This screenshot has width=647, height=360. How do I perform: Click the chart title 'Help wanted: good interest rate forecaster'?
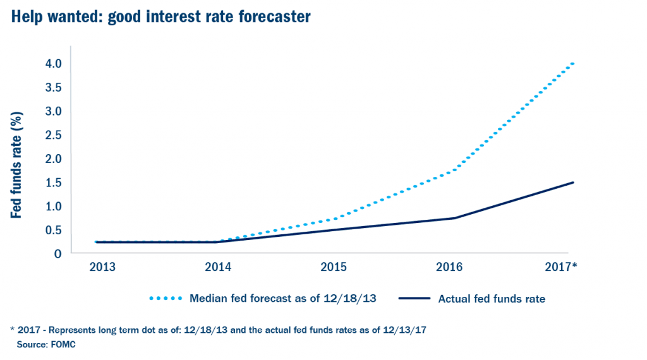coord(160,17)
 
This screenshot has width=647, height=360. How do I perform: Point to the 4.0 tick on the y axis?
coord(52,64)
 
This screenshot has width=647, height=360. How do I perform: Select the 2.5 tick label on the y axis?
coord(52,135)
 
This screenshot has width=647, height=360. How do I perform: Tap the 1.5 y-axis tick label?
coord(52,183)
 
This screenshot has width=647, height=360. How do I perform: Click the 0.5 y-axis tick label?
coord(52,230)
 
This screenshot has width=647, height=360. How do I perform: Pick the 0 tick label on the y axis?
coord(57,254)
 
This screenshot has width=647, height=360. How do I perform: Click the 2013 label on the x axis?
coord(102,267)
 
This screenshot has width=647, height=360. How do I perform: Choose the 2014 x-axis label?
coord(218,267)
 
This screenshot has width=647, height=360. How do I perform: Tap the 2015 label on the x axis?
coord(334,267)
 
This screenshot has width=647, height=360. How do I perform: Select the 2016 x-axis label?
coord(449,267)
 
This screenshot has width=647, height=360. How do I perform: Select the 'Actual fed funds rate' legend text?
coord(492,299)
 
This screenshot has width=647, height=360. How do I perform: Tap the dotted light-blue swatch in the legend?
coord(166,299)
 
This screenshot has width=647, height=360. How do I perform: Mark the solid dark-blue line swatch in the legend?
coord(414,299)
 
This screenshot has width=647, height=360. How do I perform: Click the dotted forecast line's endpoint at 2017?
coord(572,63)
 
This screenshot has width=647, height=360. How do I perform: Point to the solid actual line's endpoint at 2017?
coord(572,183)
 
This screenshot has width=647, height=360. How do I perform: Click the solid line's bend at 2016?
coord(455,218)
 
